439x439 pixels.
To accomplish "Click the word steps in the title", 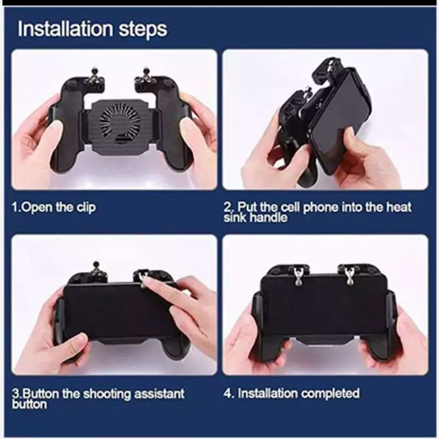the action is pyautogui.click(x=143, y=30).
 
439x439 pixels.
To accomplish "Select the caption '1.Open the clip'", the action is pyautogui.click(x=53, y=207).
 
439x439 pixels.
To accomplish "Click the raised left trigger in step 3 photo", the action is pyautogui.click(x=96, y=271).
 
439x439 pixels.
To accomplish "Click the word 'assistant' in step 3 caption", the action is pyautogui.click(x=159, y=394).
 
